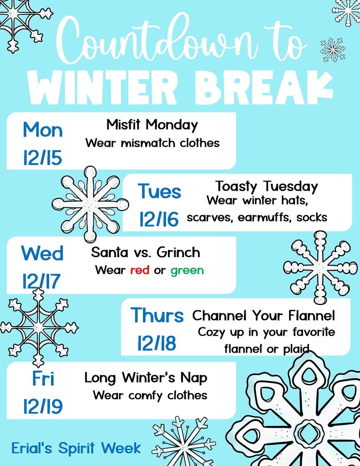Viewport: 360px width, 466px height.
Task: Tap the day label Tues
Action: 159,192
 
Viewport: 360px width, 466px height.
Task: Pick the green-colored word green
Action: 187,271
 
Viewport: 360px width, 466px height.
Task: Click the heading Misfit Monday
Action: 152,125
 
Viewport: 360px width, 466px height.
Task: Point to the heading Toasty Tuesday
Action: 266,186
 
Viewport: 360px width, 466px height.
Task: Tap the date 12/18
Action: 157,344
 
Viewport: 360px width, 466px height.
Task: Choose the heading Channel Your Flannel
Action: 264,315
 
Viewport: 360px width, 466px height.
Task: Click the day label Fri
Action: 43,379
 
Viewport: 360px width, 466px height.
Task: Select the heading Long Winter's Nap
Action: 146,377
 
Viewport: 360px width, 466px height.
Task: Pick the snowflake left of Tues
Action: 90,204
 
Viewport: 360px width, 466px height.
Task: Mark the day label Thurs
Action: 157,315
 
